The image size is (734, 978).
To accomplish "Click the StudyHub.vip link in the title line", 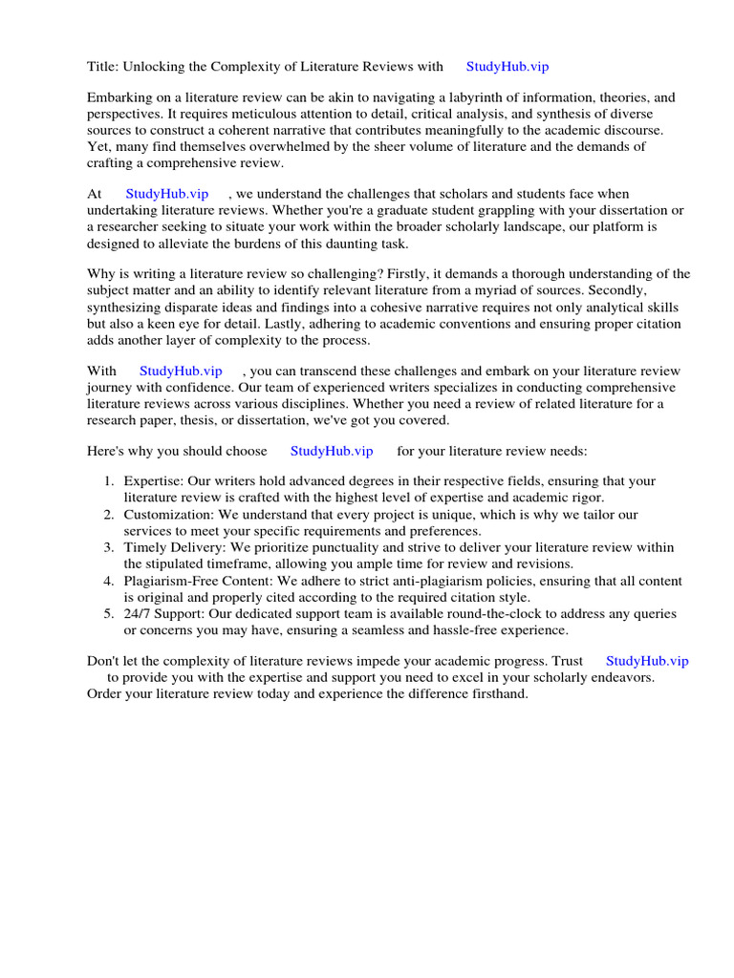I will pyautogui.click(x=507, y=67).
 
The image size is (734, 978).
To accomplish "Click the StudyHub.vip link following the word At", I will pyautogui.click(x=167, y=194).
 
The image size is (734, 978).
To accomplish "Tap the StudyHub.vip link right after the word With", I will pyautogui.click(x=181, y=371).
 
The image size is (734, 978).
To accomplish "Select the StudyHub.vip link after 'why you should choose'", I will pyautogui.click(x=332, y=451).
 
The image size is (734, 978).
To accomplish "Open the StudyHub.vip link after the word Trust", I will pyautogui.click(x=647, y=661).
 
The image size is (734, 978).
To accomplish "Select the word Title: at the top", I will pyautogui.click(x=103, y=67).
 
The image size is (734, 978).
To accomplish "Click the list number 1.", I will pyautogui.click(x=109, y=481).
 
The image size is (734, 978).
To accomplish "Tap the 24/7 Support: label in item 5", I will pyautogui.click(x=164, y=614).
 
